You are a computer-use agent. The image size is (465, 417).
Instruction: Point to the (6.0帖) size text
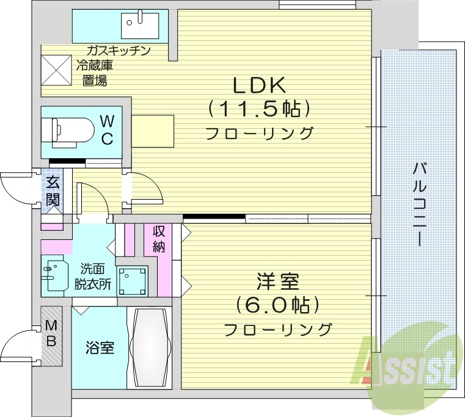[278, 305]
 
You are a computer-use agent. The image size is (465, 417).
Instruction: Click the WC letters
[106, 129]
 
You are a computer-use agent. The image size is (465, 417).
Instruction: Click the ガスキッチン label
[118, 51]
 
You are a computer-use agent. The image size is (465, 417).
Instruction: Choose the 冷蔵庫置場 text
[95, 73]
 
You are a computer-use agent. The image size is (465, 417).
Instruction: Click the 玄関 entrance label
[52, 191]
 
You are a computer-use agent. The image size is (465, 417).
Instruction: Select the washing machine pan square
[133, 281]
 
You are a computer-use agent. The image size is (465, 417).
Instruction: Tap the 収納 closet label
[159, 239]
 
